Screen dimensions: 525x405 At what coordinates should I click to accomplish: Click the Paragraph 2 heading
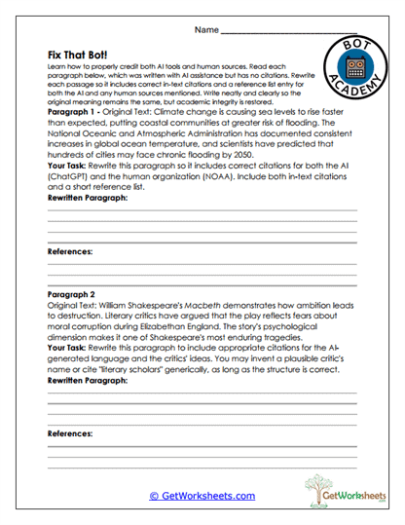pyautogui.click(x=71, y=291)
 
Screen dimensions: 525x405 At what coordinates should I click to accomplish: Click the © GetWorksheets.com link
pyautogui.click(x=202, y=496)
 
